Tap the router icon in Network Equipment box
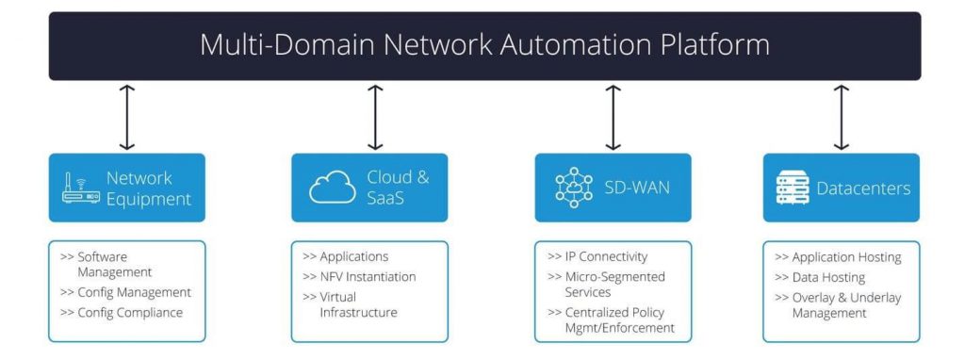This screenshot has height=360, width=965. (80, 188)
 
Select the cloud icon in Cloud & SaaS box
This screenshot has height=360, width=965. (333, 188)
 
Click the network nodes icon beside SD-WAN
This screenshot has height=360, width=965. (573, 188)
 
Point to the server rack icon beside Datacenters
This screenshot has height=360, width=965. (793, 188)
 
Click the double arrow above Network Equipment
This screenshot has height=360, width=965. (127, 117)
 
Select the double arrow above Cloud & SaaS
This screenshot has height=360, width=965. (375, 117)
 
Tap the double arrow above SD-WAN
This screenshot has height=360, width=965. (613, 117)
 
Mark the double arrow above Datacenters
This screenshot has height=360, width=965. (842, 117)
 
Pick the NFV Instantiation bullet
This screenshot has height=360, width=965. (359, 277)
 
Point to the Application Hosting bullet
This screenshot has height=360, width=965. (838, 256)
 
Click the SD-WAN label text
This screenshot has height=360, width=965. (638, 188)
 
